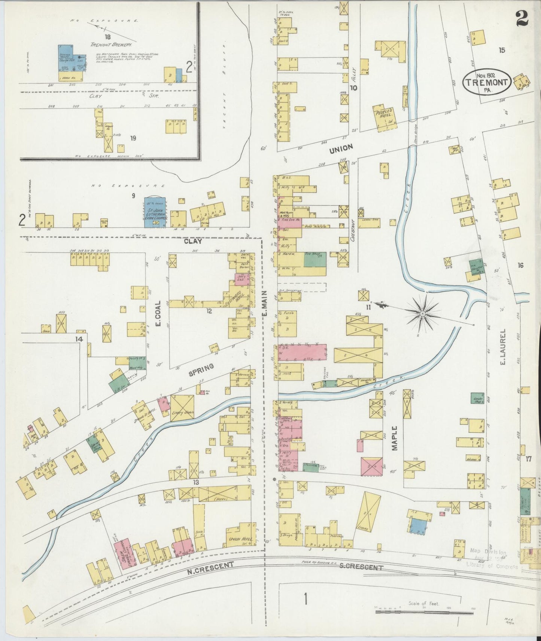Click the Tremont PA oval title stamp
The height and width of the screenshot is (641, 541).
[487, 82]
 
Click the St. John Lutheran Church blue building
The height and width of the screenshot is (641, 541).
[155, 212]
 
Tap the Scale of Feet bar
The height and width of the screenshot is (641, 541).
[424, 613]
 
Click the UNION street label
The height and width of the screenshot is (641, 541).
[341, 149]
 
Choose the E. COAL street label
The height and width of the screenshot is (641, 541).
[158, 313]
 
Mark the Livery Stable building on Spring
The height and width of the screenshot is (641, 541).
[182, 408]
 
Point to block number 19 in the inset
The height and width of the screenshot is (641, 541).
[133, 138]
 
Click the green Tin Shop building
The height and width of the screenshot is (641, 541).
[314, 259]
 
